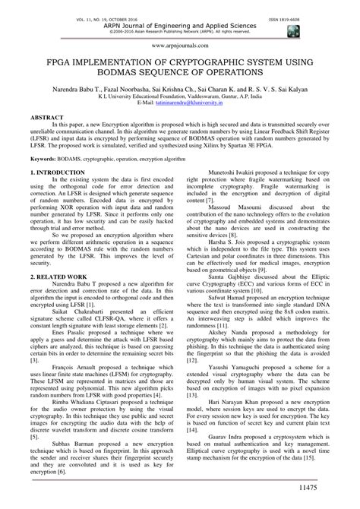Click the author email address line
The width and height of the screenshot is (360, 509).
(181, 101)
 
